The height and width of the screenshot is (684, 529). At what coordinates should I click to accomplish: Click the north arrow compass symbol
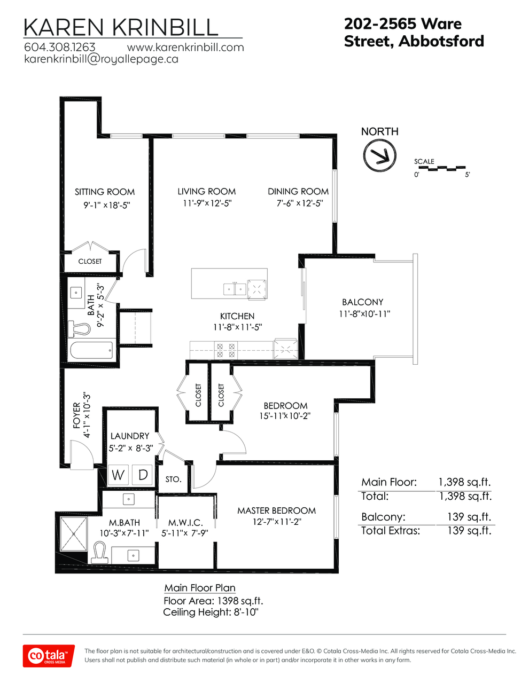(x=379, y=155)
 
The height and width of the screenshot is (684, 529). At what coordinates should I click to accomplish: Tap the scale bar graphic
(x=442, y=168)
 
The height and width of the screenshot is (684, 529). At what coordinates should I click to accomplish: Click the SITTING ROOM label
(x=105, y=192)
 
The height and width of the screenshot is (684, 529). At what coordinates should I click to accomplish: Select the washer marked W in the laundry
(x=118, y=475)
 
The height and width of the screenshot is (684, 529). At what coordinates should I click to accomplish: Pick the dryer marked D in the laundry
(x=142, y=475)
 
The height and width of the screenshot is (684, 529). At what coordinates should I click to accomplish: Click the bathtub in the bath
(x=91, y=350)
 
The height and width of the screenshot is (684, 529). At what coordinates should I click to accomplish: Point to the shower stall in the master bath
(x=73, y=533)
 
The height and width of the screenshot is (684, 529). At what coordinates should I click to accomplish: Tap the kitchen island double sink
(x=235, y=289)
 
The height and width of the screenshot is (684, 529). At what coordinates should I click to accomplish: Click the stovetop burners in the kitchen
(x=226, y=350)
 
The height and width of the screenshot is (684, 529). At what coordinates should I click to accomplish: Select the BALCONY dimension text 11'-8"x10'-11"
(x=364, y=314)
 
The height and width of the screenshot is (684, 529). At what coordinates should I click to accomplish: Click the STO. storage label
(x=174, y=479)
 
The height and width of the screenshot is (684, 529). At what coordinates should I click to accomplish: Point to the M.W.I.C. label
(x=185, y=523)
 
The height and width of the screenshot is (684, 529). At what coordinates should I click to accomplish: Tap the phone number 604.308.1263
(x=59, y=47)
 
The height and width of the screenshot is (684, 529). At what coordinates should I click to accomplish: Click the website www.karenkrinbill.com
(x=185, y=47)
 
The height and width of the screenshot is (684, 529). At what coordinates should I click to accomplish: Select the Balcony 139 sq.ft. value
(x=469, y=516)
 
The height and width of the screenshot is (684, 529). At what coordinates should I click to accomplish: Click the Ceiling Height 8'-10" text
(x=211, y=612)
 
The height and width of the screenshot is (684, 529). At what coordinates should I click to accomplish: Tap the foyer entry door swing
(x=82, y=455)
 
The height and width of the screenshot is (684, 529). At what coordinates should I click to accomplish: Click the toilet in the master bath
(x=100, y=553)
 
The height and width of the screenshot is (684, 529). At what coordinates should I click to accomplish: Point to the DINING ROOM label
(x=298, y=191)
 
